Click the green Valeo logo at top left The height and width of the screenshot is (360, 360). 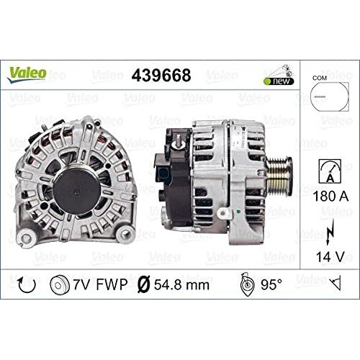pos(27,74)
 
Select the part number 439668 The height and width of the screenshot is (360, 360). pos(161,75)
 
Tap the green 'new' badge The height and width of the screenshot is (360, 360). pos(279,81)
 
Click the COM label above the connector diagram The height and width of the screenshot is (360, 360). pos(320,78)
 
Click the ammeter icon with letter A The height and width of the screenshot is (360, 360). pos(330,171)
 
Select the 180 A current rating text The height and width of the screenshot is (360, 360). pos(330,196)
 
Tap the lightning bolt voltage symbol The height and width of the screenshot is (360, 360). pos(330,233)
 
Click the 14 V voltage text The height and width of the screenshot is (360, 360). pos(330,256)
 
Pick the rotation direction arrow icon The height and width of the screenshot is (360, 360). pos(27,284)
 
